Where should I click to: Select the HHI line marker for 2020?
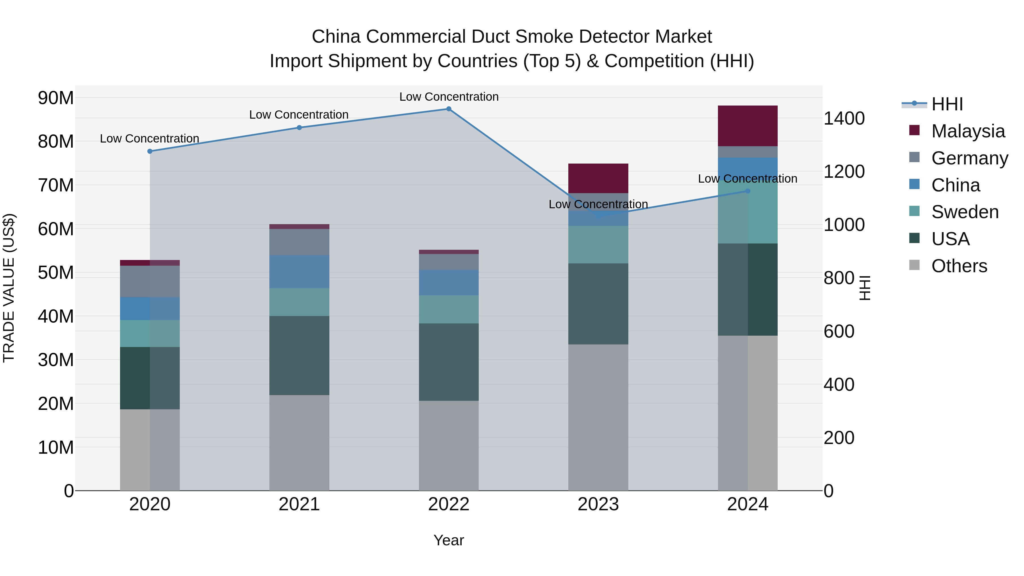(x=150, y=151)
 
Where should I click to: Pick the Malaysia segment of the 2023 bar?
(x=598, y=178)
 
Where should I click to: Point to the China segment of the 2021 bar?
(x=299, y=272)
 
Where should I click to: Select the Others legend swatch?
(x=914, y=265)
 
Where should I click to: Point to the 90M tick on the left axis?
(x=56, y=98)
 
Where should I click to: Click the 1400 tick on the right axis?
(x=844, y=118)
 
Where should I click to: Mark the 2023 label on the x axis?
(x=598, y=504)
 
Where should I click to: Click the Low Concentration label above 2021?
(x=299, y=115)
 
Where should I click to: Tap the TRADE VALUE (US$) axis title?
(x=9, y=288)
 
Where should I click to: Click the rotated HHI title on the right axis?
(x=865, y=288)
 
